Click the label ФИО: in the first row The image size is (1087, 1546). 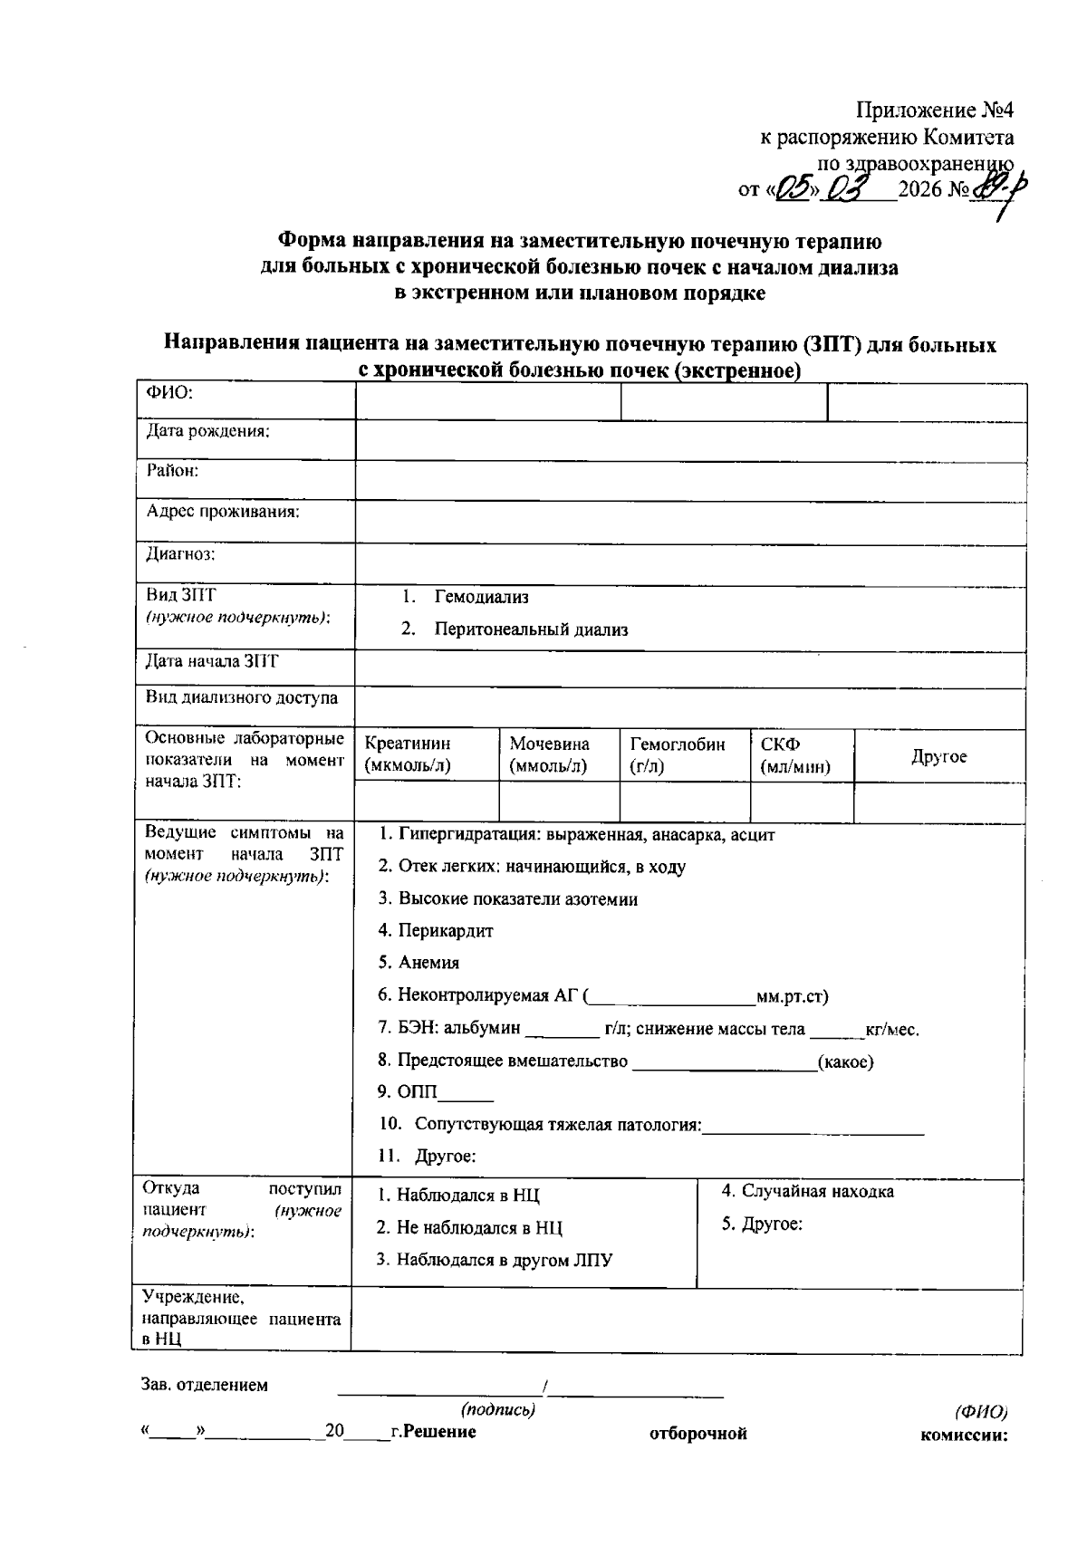pos(169,393)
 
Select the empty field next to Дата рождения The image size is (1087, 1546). pos(690,441)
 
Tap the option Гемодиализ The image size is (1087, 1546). pos(481,598)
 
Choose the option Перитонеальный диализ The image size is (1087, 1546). pos(530,629)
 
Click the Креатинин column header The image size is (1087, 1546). pos(407,754)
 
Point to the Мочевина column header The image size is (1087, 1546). pos(549,754)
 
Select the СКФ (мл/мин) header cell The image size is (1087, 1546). pos(794,754)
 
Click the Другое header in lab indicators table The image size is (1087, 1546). pos(938,756)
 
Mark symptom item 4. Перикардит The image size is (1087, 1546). pos(436,930)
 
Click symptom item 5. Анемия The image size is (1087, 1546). pos(418,963)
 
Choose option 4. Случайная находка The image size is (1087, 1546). pos(807,1192)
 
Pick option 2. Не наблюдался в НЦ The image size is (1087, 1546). pos(469,1228)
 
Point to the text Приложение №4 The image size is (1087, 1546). pos(936,111)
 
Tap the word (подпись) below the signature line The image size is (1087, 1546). pos(498,1410)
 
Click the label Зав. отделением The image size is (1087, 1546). pos(205,1385)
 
